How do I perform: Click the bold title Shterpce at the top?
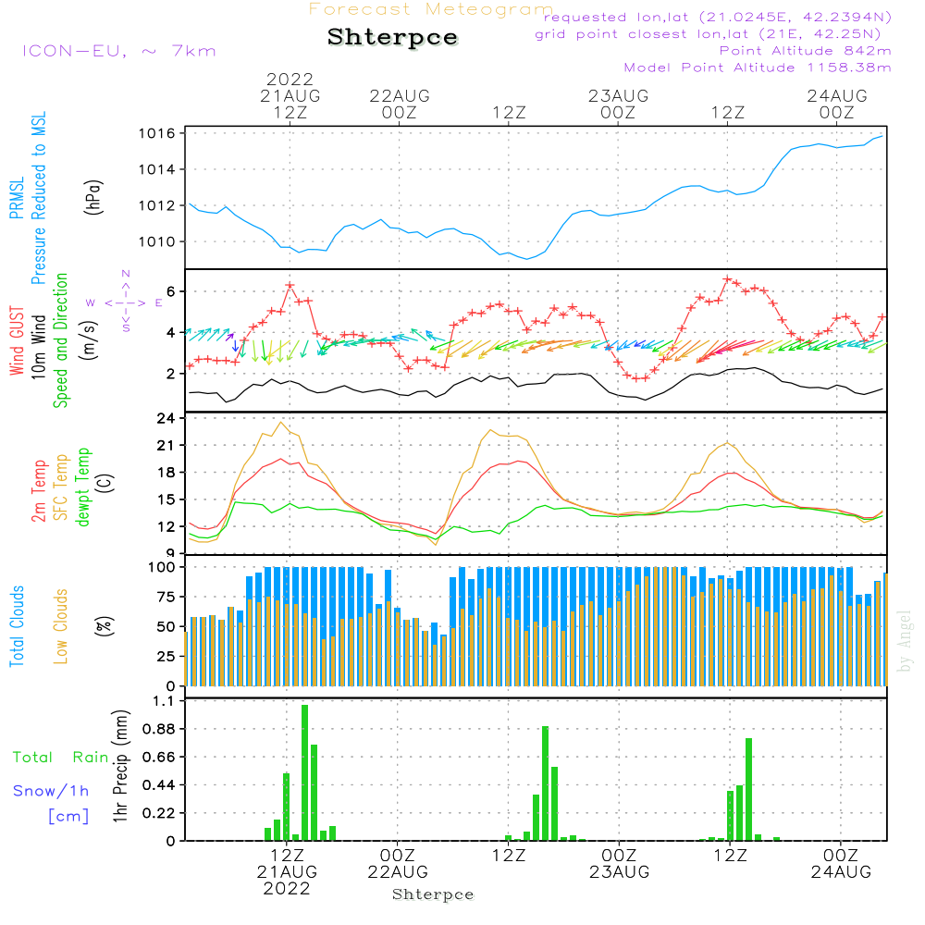pos(392,38)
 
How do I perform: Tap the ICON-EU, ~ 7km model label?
pos(118,51)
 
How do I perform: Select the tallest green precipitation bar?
pos(304,772)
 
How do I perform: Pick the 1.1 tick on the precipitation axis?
pos(164,702)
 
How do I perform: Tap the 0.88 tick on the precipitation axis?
pos(159,730)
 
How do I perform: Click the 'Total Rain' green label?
pos(61,758)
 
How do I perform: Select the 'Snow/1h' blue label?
pos(52,791)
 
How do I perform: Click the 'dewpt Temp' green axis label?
pos(84,487)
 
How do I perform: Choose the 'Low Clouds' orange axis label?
pos(62,625)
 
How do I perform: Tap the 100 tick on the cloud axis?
pos(163,566)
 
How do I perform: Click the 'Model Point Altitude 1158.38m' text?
pos(758,68)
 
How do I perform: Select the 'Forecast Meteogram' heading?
pos(431,9)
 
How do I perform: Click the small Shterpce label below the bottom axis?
pos(433,894)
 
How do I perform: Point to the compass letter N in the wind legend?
pos(126,274)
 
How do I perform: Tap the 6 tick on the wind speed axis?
pos(171,291)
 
